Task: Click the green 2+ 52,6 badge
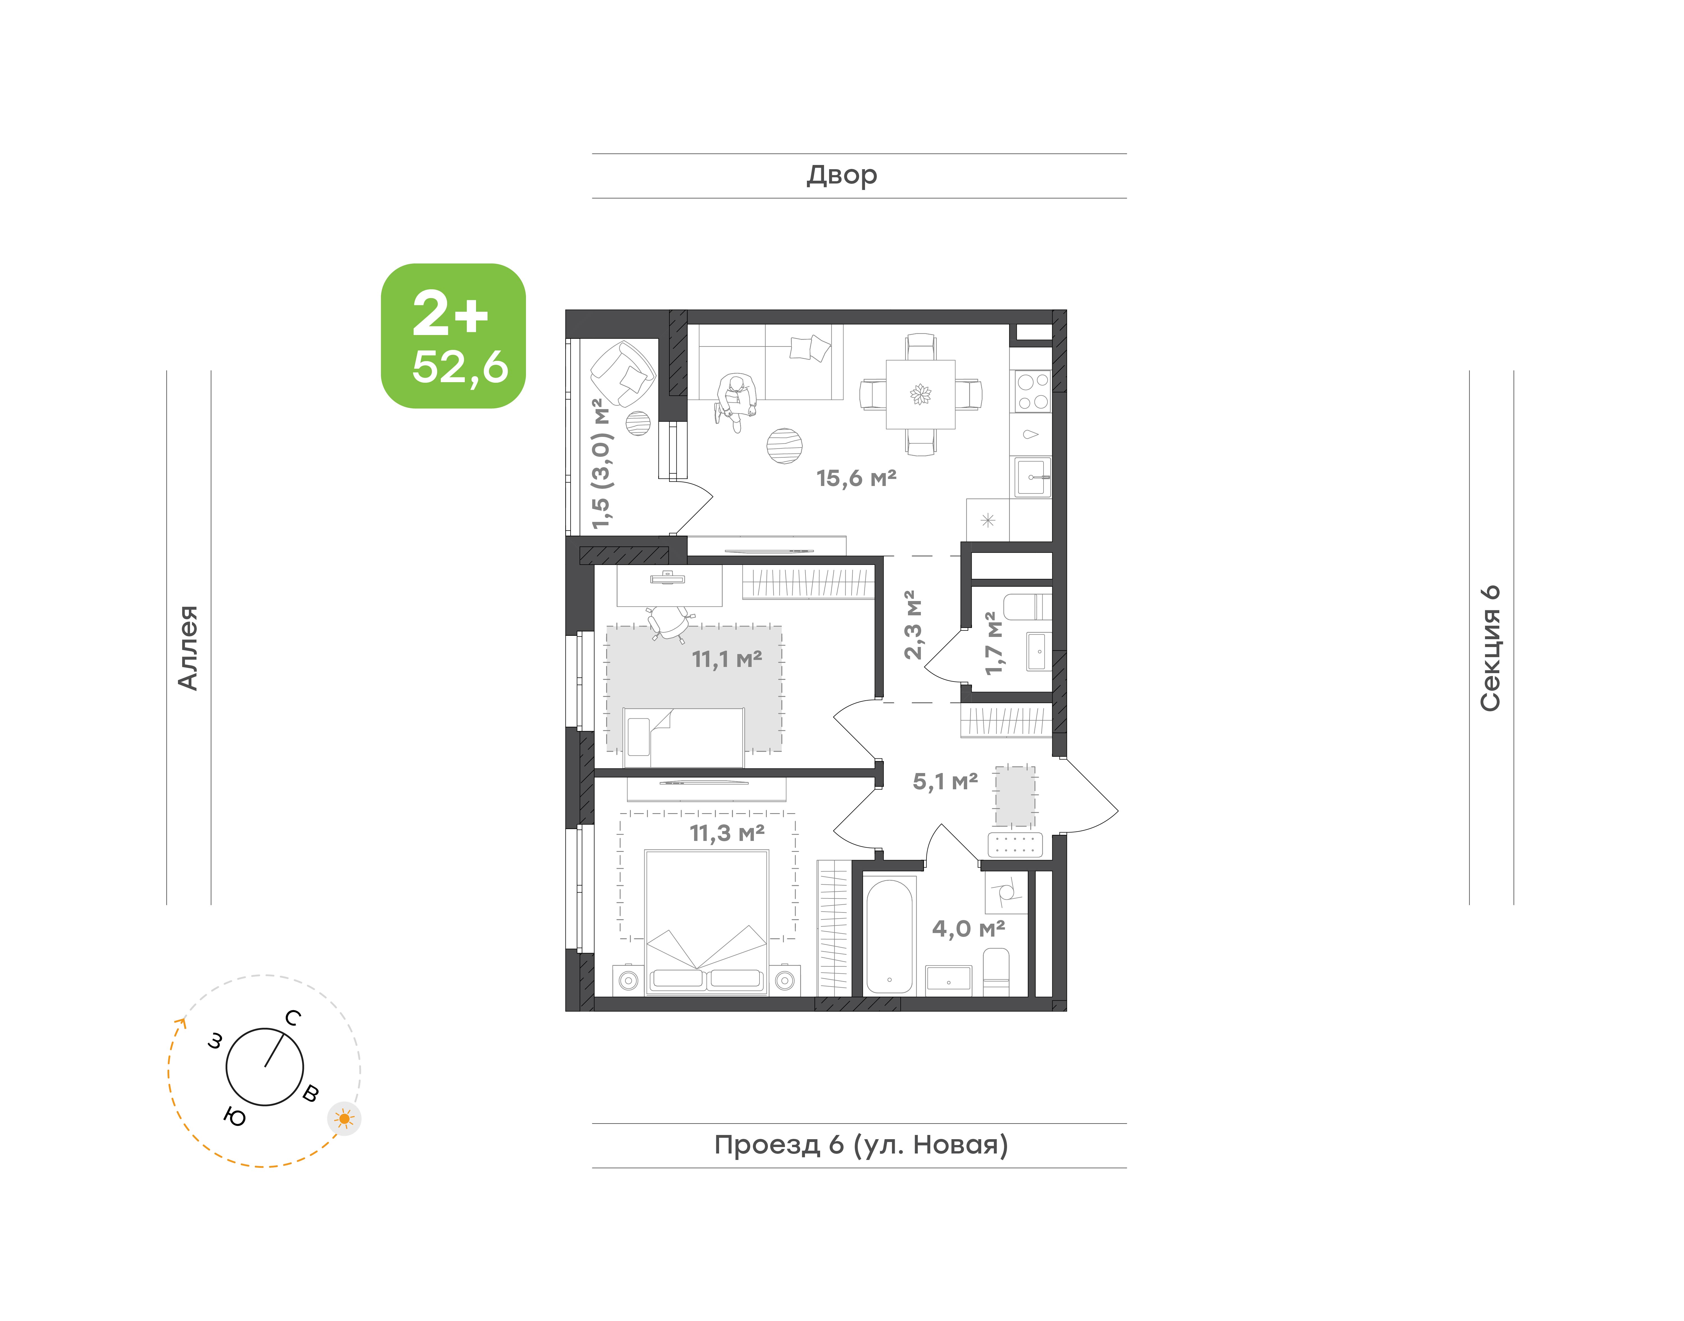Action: coord(453,336)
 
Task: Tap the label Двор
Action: coord(842,176)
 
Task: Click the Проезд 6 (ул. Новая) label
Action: coord(861,1145)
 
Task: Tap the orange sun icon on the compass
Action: coord(344,1118)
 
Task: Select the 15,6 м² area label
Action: coord(856,478)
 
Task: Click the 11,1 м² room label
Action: coord(726,659)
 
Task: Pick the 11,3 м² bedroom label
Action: coord(727,833)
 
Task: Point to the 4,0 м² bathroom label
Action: coord(969,928)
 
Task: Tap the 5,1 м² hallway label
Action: coord(945,781)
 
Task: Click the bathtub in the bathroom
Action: coord(889,936)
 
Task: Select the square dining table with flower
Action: coord(921,395)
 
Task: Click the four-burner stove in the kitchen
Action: coord(1032,391)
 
